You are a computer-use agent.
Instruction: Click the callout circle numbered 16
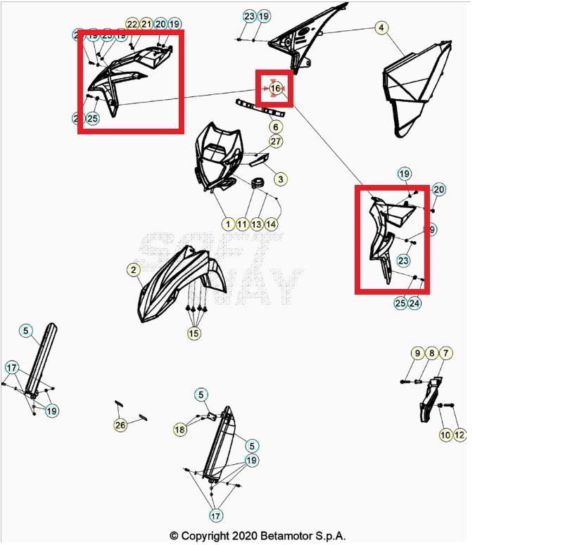[275, 88]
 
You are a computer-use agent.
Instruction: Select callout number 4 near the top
[381, 28]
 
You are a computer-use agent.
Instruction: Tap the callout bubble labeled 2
[134, 269]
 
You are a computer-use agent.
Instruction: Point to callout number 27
[276, 142]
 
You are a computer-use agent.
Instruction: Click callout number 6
[275, 127]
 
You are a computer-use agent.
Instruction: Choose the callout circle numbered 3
[280, 179]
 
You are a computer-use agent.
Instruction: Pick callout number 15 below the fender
[194, 333]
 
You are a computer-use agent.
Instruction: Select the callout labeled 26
[120, 425]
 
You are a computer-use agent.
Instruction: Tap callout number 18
[180, 429]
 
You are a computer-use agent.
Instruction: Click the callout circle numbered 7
[448, 352]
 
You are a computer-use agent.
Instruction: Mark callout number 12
[459, 435]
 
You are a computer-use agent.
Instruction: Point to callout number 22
[132, 24]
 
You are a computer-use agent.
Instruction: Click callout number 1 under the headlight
[227, 224]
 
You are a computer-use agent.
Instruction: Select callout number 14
[271, 224]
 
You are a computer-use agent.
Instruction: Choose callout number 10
[445, 435]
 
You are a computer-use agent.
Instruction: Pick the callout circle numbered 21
[146, 24]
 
